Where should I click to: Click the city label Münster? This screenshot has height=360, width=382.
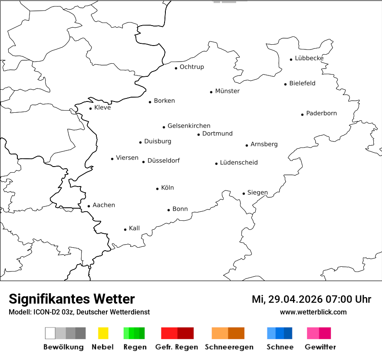point(227,91)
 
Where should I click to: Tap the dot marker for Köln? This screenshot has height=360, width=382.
point(158,189)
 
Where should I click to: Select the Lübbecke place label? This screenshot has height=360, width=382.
point(309,58)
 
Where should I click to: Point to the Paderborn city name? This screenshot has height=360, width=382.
point(321,113)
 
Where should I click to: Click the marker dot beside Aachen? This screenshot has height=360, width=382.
point(89,206)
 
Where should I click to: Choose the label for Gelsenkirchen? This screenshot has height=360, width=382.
point(189,126)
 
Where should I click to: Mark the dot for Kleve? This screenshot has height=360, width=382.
point(90,108)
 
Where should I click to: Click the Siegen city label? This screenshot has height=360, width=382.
point(257,193)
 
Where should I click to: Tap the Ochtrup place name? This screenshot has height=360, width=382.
point(191,67)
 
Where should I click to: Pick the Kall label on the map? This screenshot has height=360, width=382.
point(134,228)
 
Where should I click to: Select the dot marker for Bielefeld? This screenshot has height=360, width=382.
point(286,84)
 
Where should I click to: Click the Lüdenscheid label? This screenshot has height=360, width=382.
point(239,163)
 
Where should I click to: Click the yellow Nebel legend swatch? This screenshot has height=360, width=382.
point(103,333)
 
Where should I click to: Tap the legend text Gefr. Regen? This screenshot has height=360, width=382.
point(177,347)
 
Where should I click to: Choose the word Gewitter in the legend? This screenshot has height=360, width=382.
point(320,347)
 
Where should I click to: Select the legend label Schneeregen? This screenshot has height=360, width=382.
point(229,347)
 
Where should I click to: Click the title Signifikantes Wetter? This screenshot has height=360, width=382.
point(72,299)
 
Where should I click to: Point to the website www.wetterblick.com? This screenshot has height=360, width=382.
point(313,312)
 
